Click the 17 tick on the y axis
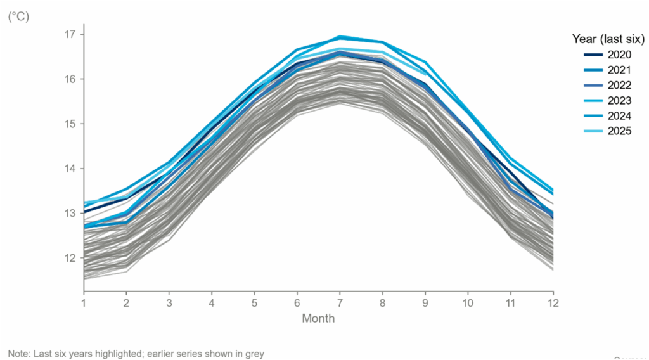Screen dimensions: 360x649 click(x=69, y=34)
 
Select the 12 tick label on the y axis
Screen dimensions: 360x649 click(x=69, y=258)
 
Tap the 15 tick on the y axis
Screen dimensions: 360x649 click(x=69, y=124)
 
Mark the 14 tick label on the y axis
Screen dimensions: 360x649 click(x=69, y=169)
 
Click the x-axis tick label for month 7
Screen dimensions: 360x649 click(x=340, y=303)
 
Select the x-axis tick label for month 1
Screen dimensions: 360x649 click(x=84, y=303)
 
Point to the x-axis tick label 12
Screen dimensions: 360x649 click(x=553, y=303)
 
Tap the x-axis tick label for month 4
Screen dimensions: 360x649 click(x=212, y=303)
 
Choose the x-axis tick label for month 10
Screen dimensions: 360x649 click(x=468, y=303)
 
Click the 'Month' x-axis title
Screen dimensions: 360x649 click(x=318, y=318)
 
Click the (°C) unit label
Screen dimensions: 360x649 click(x=18, y=17)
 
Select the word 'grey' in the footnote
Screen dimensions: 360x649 click(x=253, y=353)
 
